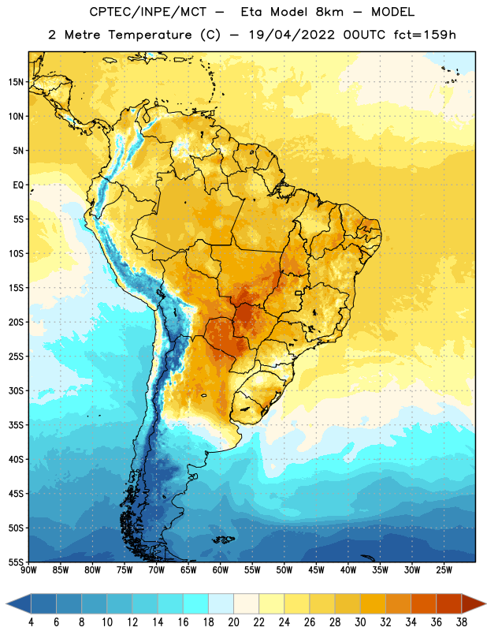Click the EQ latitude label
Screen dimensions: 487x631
(18, 185)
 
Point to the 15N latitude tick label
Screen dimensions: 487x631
(16, 82)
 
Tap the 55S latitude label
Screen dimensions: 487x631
(16, 562)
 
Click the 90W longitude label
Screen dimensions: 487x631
(28, 570)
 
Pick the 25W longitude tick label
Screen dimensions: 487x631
(444, 570)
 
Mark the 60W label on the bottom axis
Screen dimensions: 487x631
(221, 570)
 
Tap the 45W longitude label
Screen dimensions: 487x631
(316, 570)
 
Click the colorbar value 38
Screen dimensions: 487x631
(461, 622)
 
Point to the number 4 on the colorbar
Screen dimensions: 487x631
(31, 622)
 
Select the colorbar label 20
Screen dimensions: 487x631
(233, 622)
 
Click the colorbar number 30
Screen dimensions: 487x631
(360, 622)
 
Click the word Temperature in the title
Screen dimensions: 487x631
(150, 35)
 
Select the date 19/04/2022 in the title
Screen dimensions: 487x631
(291, 35)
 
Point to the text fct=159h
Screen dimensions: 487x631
(425, 35)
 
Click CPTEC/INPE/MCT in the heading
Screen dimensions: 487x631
(148, 12)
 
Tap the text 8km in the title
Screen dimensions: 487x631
(329, 12)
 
